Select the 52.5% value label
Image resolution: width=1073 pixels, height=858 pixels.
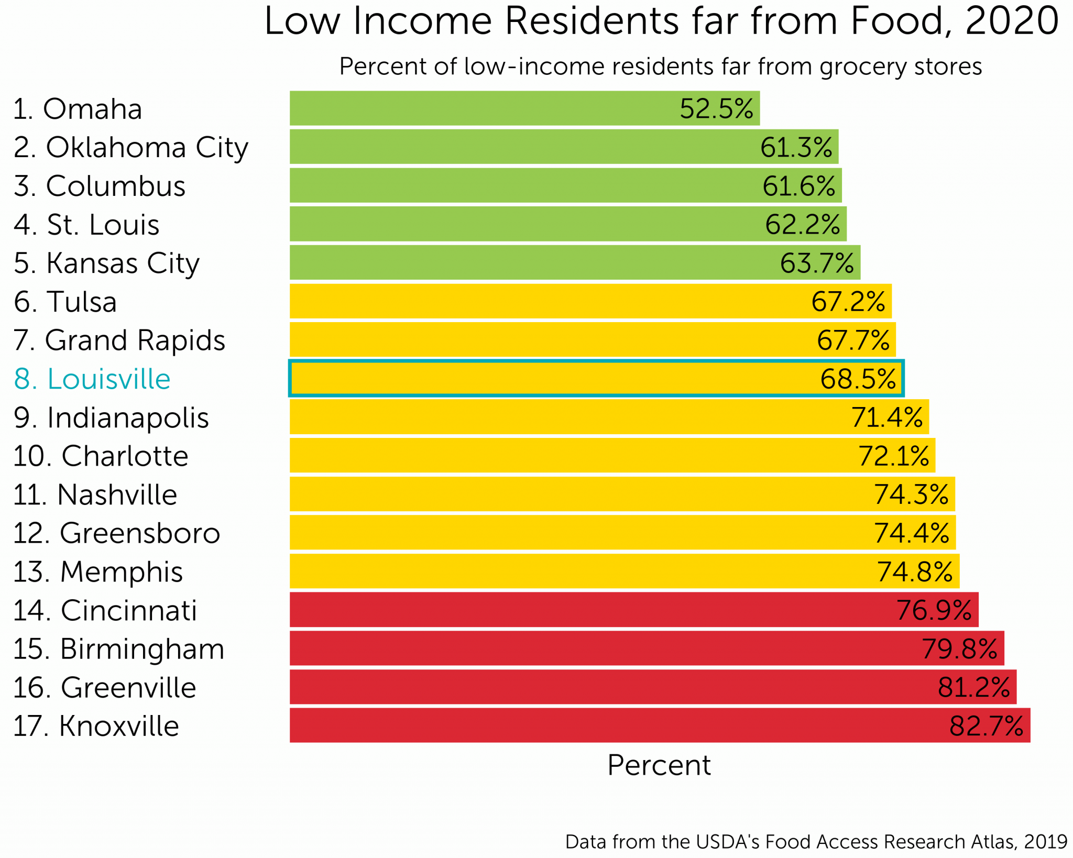(x=716, y=109)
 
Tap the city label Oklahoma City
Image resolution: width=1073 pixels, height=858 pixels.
(x=131, y=148)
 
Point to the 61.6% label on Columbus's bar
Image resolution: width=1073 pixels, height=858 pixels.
(x=798, y=186)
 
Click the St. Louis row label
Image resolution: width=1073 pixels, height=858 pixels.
(x=86, y=225)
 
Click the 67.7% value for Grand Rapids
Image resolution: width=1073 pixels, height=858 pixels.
(x=853, y=340)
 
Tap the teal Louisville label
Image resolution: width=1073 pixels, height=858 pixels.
(x=92, y=379)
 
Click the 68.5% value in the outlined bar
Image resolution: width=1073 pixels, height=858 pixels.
(x=858, y=379)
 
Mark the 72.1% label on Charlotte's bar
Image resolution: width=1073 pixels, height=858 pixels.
(x=893, y=456)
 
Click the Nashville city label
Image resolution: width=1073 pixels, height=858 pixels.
(x=95, y=494)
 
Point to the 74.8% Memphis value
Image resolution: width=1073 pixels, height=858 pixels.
(x=914, y=571)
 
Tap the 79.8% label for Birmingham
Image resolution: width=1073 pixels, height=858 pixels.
(x=959, y=648)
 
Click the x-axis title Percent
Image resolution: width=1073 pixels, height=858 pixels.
(x=659, y=765)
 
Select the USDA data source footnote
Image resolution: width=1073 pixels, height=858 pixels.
(x=816, y=841)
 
